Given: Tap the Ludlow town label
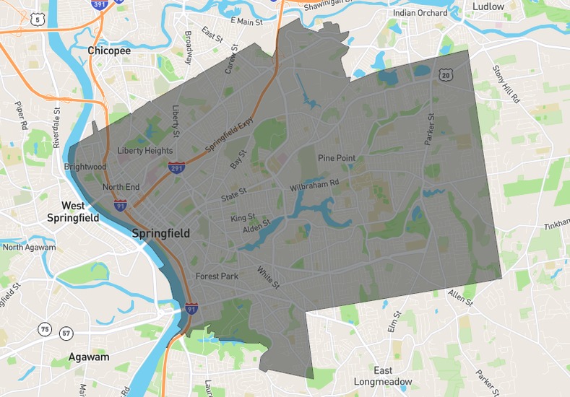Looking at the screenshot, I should pyautogui.click(x=488, y=6).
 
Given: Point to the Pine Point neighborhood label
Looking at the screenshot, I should pyautogui.click(x=336, y=158).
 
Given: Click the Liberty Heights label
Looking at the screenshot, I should pyautogui.click(x=145, y=151).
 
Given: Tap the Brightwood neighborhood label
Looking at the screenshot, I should pyautogui.click(x=85, y=167).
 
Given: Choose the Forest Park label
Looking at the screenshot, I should pyautogui.click(x=215, y=276).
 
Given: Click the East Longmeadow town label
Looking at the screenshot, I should pyautogui.click(x=383, y=375).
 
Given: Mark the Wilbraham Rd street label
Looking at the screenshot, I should pyautogui.click(x=314, y=186).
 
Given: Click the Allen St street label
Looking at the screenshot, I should pyautogui.click(x=460, y=295).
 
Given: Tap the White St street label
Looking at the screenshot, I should pyautogui.click(x=269, y=278).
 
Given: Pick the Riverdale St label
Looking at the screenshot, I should pyautogui.click(x=57, y=128).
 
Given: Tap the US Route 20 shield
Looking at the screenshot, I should pyautogui.click(x=446, y=74).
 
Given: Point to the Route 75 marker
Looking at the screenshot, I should pyautogui.click(x=45, y=330).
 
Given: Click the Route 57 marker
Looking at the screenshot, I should pyautogui.click(x=66, y=333).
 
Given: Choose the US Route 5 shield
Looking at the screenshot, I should pyautogui.click(x=37, y=20).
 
